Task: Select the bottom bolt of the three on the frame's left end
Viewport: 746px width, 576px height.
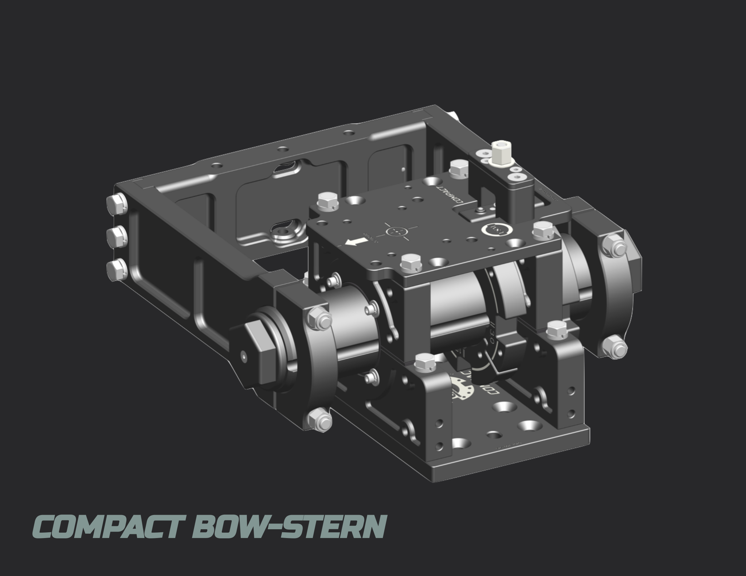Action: (x=116, y=270)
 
